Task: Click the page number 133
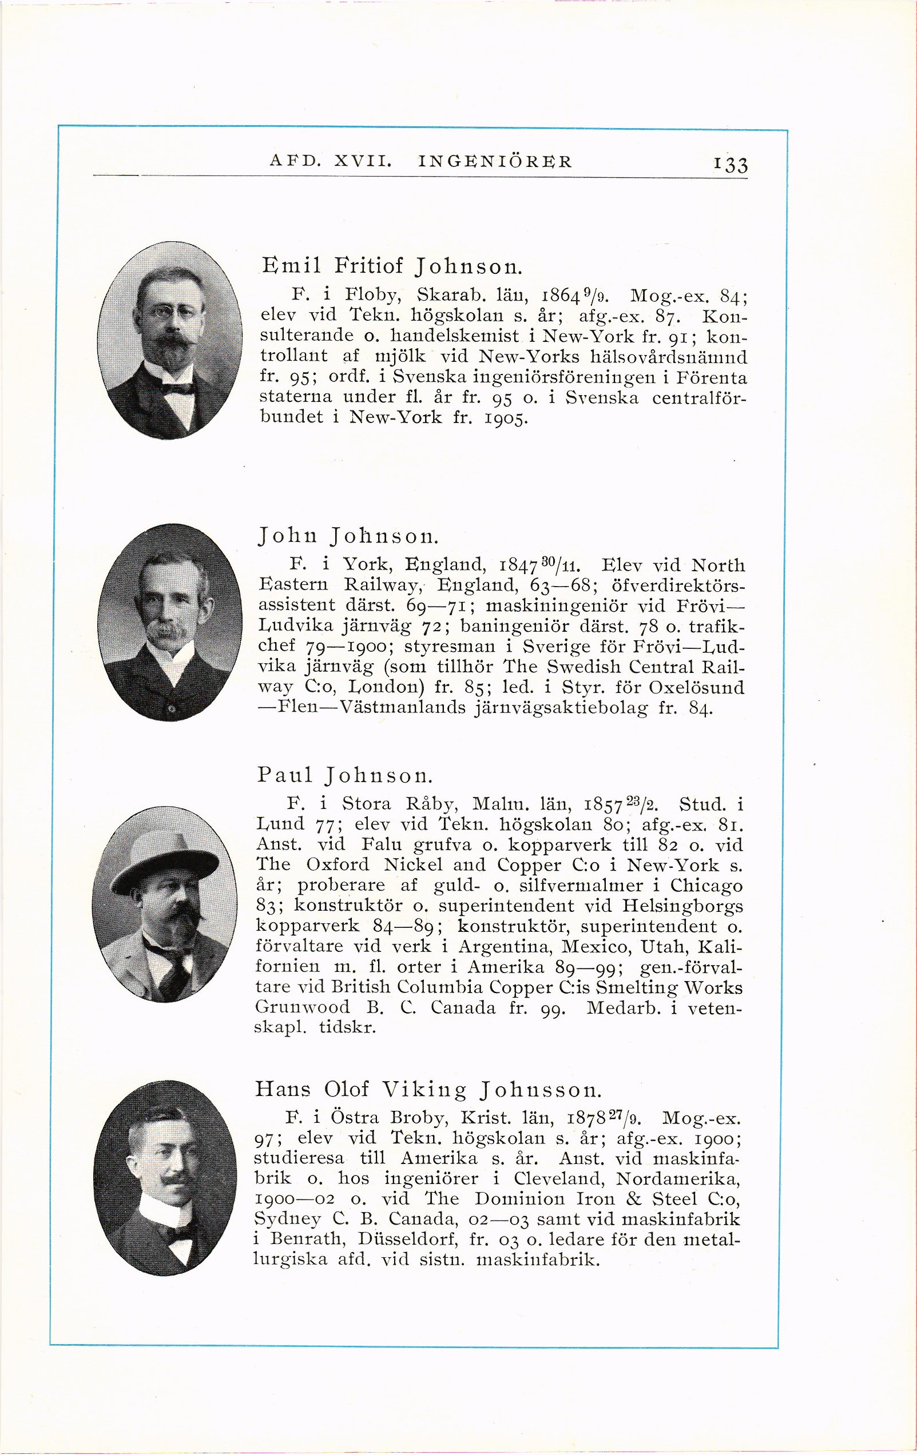(x=730, y=164)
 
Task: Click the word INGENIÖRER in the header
(x=494, y=162)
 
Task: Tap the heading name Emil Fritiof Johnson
(x=391, y=265)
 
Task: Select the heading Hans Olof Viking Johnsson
(x=428, y=1089)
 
